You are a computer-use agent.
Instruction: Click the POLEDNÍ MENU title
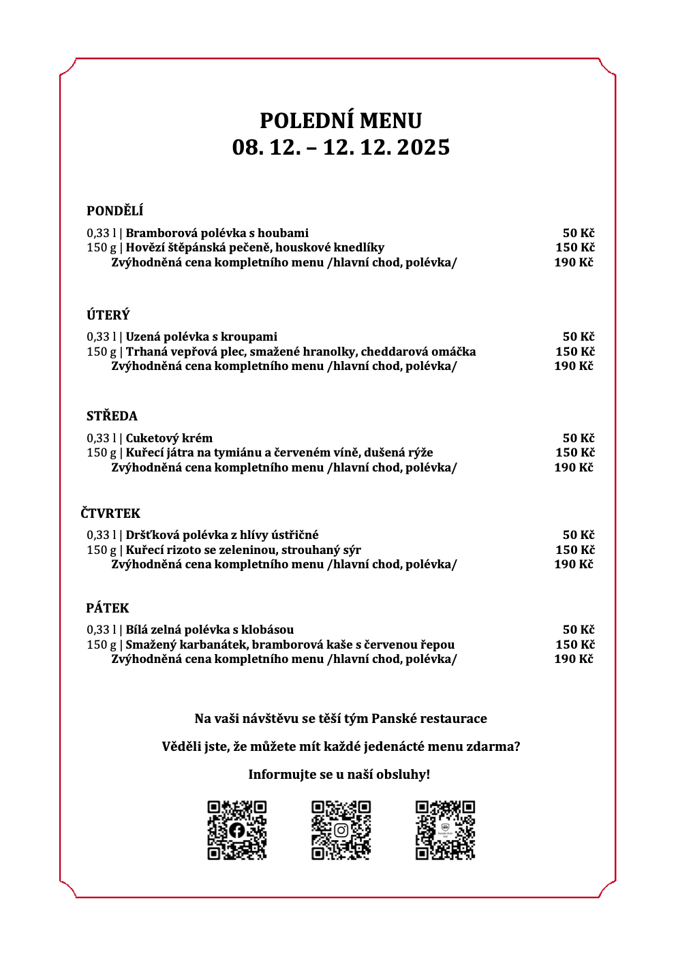coord(341,121)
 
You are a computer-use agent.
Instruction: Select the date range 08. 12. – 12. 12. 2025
coord(341,147)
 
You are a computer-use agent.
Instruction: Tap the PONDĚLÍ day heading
coord(114,211)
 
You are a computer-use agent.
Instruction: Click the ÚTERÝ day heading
coord(108,315)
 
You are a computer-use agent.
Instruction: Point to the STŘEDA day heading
coord(112,416)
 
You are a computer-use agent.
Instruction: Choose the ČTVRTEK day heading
coord(110,514)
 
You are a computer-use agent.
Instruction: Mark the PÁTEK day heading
coord(108,608)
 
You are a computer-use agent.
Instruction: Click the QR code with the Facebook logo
coord(236,830)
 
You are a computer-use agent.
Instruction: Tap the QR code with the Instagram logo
coord(341,830)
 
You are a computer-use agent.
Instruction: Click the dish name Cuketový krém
coord(169,438)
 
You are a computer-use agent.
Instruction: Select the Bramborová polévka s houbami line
coord(217,233)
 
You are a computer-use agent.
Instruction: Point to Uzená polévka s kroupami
coord(201,337)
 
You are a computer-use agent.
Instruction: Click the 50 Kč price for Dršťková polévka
coord(578,535)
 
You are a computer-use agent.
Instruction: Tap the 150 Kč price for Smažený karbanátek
coord(574,645)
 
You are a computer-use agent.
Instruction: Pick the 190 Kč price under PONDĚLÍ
coord(573,262)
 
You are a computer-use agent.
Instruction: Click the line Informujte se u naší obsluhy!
coord(339,775)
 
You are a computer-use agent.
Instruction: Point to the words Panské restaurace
coord(429,719)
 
